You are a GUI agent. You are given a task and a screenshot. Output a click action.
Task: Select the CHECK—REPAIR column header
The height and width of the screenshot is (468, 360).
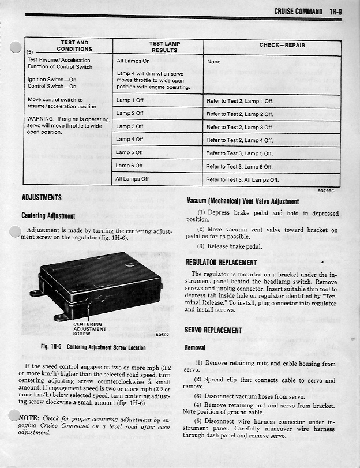click(282, 45)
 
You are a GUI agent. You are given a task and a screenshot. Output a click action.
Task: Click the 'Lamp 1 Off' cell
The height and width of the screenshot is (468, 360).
click(130, 100)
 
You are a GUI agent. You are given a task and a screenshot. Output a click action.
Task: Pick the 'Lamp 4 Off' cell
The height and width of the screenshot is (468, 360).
click(130, 139)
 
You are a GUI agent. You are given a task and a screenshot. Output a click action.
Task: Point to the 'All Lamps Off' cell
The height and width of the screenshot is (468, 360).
click(132, 179)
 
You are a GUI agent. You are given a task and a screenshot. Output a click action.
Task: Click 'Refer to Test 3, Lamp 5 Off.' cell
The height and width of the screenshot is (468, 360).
click(239, 153)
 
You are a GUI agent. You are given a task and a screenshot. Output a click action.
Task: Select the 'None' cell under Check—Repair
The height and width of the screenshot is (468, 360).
click(213, 61)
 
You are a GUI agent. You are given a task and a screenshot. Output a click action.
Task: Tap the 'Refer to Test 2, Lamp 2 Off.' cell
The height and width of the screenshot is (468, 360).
click(239, 114)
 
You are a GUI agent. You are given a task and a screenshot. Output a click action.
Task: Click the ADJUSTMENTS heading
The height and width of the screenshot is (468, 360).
click(42, 197)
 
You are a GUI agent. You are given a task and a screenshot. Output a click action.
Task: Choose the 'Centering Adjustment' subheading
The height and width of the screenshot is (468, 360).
click(48, 216)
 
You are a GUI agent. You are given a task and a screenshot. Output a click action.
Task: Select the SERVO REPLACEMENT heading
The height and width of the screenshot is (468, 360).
click(213, 330)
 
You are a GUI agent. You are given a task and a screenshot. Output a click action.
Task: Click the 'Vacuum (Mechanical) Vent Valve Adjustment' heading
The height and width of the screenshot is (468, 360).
click(243, 201)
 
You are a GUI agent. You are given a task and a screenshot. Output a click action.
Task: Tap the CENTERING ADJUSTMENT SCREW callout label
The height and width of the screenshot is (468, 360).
click(88, 329)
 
